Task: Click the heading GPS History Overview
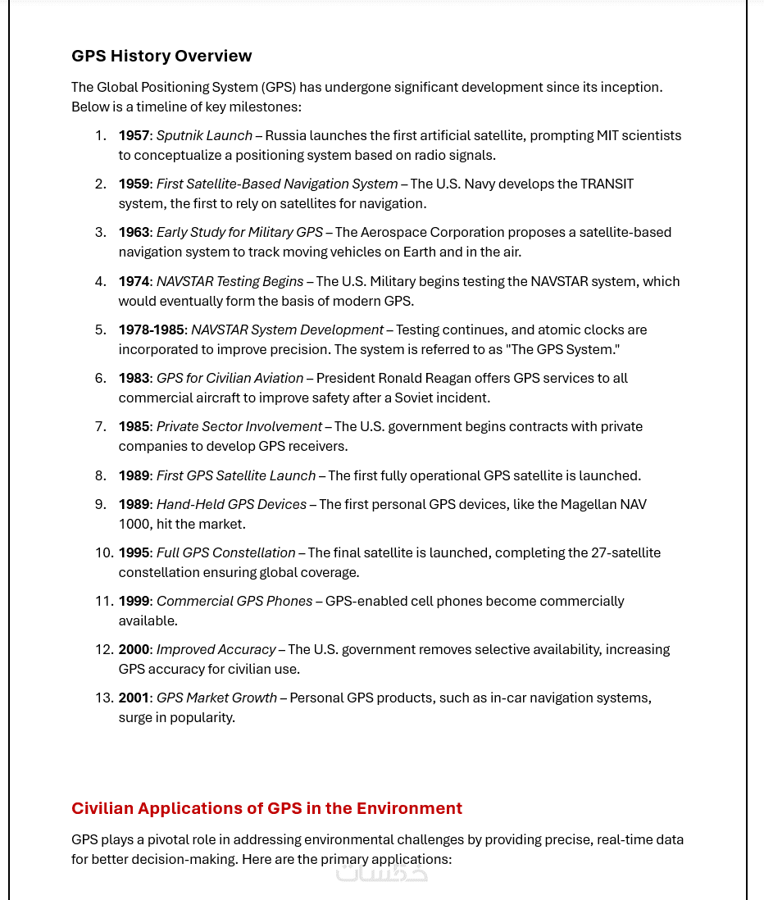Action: [161, 56]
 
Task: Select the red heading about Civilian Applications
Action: [266, 808]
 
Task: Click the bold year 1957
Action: [134, 135]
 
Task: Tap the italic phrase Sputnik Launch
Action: [204, 135]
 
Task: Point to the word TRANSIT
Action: [607, 184]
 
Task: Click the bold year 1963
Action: [134, 232]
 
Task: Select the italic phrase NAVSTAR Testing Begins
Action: [230, 281]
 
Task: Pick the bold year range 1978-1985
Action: [152, 330]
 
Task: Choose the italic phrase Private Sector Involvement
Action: [239, 426]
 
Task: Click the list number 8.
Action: [100, 475]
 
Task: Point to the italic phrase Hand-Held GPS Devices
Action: [231, 504]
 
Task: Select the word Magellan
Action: [588, 504]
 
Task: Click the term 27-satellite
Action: [625, 552]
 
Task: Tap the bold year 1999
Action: [134, 601]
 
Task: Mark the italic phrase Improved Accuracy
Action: [216, 649]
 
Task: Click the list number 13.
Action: [103, 698]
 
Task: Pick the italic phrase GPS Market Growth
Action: [216, 698]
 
